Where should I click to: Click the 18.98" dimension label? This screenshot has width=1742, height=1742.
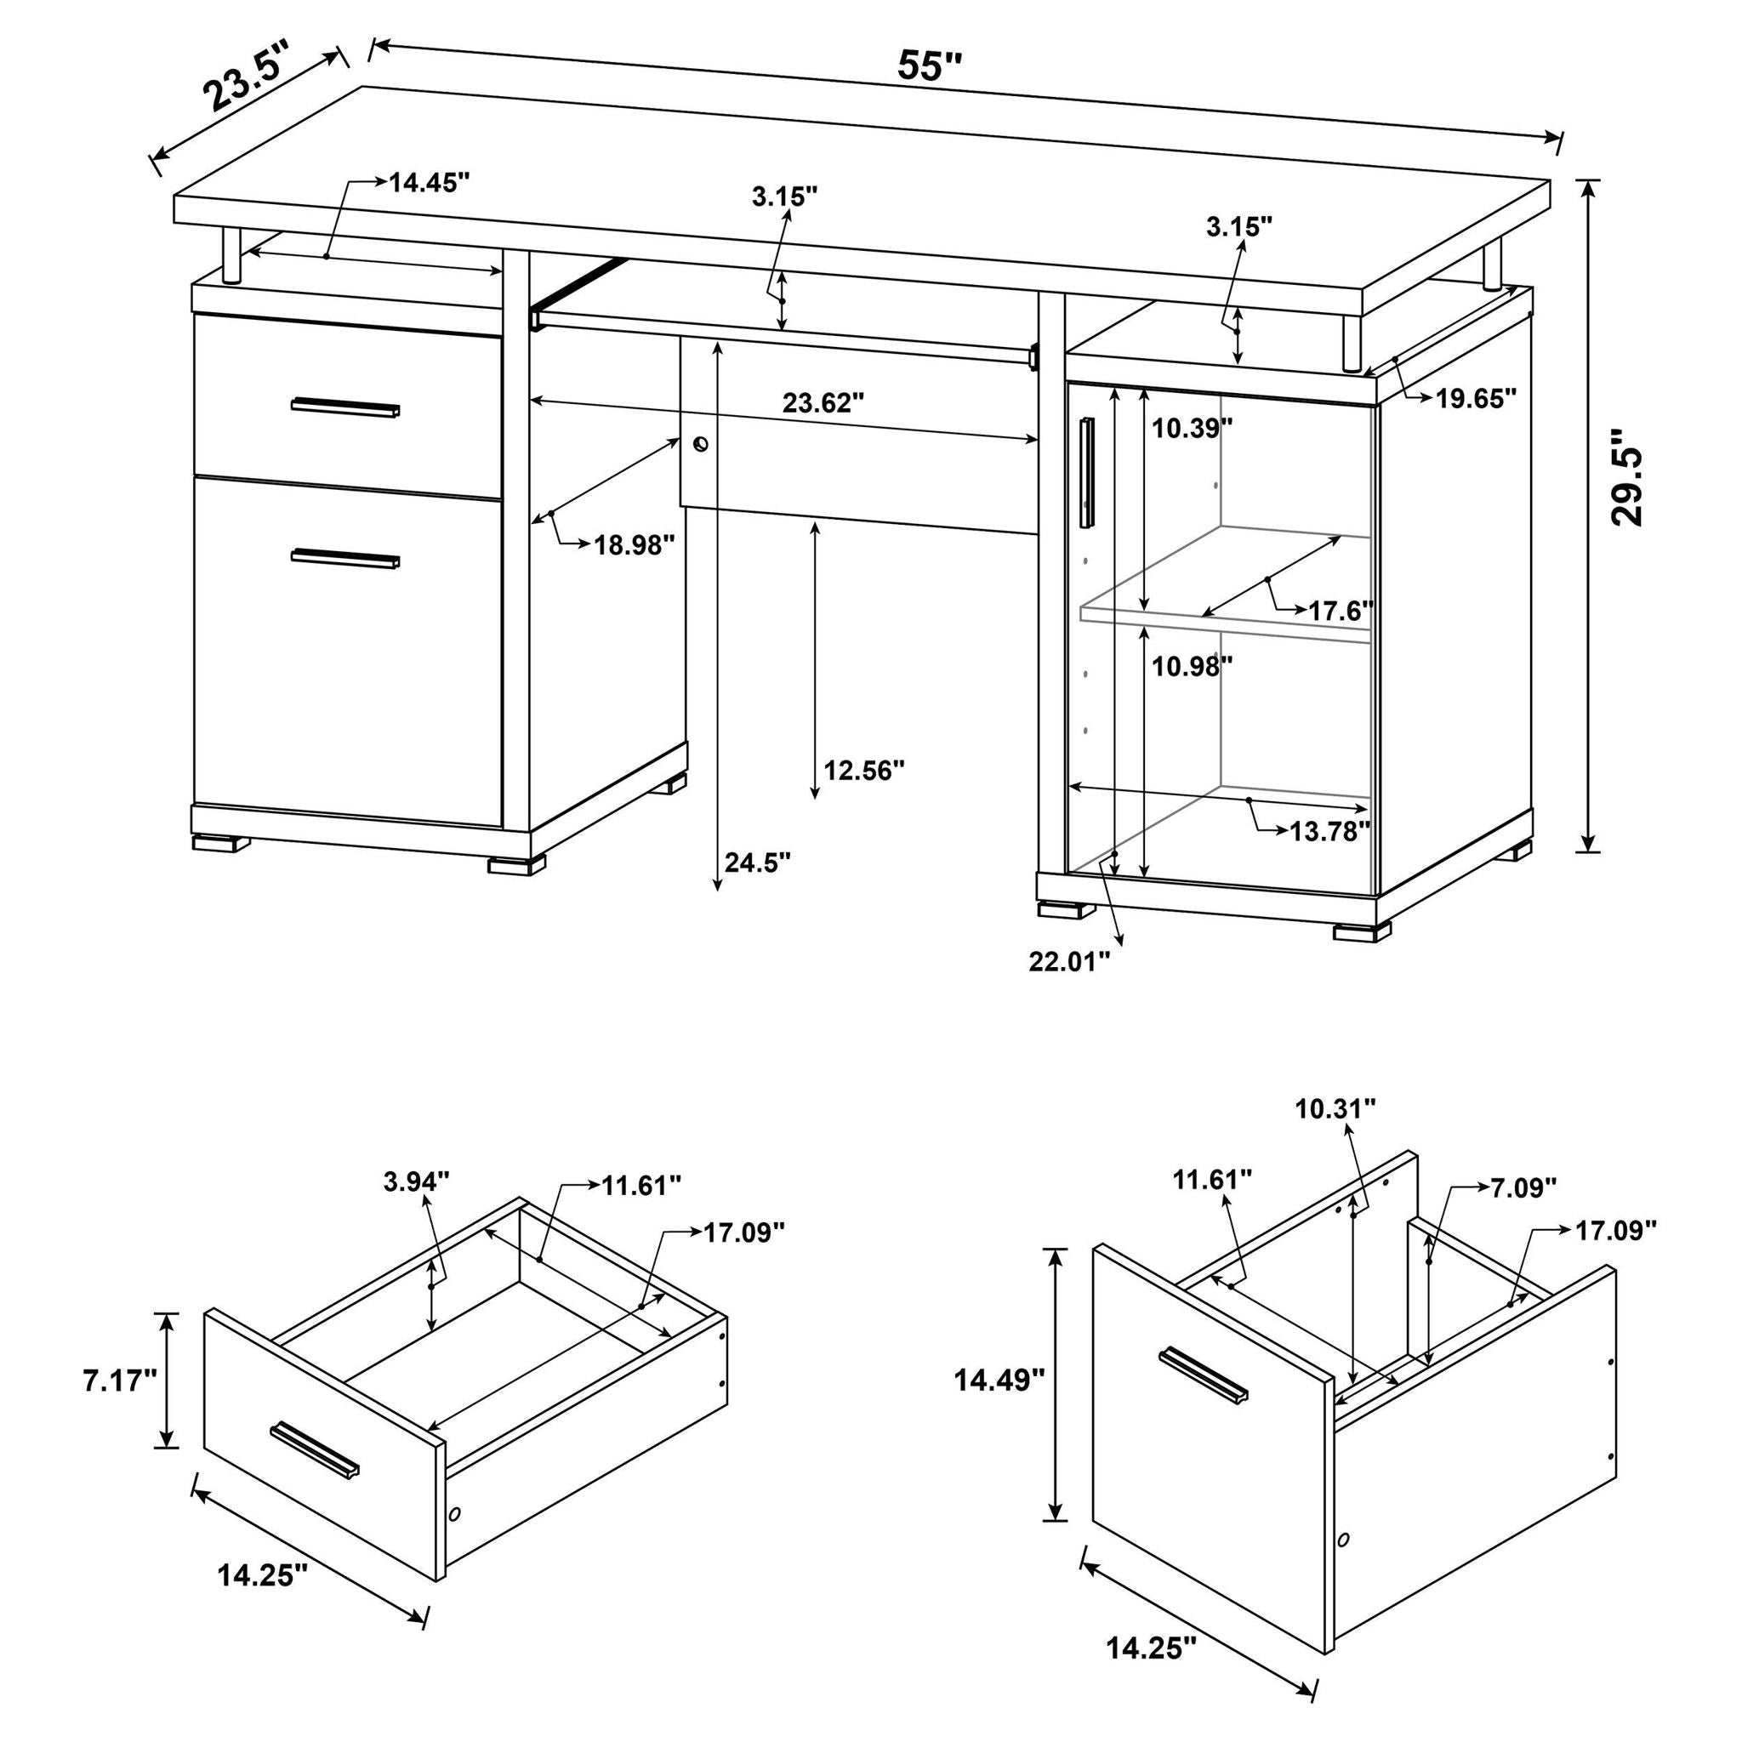(x=634, y=544)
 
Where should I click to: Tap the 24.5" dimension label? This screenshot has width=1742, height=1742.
(x=757, y=862)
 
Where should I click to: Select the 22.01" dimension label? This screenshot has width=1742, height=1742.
(x=1069, y=962)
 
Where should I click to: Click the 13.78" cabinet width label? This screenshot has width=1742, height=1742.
(x=1329, y=831)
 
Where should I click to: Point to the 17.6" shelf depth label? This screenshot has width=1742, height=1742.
(x=1340, y=612)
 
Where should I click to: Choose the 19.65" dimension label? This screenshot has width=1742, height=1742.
(x=1476, y=399)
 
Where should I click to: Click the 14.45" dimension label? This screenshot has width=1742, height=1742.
(x=430, y=183)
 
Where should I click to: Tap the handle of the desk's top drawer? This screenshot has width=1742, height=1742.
(x=345, y=407)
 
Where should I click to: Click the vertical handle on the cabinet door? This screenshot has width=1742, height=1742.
(x=1086, y=471)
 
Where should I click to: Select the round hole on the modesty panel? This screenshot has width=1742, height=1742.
(x=701, y=445)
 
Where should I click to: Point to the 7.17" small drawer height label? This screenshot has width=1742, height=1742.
(x=120, y=1381)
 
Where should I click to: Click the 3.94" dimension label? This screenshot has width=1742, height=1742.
(x=416, y=1181)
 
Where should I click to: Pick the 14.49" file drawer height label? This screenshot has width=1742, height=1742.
(x=999, y=1380)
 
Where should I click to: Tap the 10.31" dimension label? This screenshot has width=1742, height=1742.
(x=1335, y=1109)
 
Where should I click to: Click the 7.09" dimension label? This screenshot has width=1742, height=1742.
(x=1523, y=1187)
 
